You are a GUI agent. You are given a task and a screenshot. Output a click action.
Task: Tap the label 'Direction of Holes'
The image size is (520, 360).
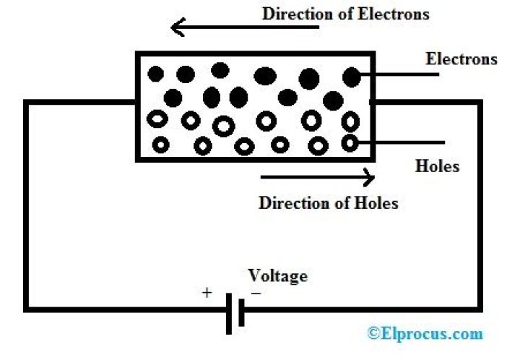[329, 202]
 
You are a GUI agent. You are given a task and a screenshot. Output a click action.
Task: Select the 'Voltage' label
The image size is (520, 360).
[277, 275]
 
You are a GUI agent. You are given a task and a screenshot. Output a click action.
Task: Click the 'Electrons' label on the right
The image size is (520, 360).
[461, 59]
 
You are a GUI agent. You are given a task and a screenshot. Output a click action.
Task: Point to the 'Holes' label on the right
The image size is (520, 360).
[438, 166]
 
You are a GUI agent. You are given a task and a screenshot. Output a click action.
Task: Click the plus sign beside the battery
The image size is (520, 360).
[207, 293]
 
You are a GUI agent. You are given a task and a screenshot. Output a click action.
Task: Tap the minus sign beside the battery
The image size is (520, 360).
[256, 293]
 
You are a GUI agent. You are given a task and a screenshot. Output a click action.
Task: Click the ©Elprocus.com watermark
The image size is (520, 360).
[424, 333]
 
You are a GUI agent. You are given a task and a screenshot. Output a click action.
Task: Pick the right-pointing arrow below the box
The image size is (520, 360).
[318, 176]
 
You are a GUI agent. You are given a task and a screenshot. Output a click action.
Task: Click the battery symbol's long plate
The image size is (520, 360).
[230, 313]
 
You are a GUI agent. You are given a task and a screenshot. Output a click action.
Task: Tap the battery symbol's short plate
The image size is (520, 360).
[240, 313]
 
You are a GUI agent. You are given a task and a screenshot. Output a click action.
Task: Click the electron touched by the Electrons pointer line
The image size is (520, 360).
[352, 75]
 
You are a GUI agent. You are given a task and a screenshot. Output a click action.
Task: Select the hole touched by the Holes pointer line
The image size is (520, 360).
[350, 143]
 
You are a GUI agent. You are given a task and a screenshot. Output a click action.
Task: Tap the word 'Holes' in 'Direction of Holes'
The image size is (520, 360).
[376, 202]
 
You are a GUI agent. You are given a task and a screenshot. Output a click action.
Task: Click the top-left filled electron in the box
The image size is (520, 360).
[155, 73]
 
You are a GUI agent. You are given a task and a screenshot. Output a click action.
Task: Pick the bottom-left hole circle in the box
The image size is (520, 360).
[160, 145]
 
